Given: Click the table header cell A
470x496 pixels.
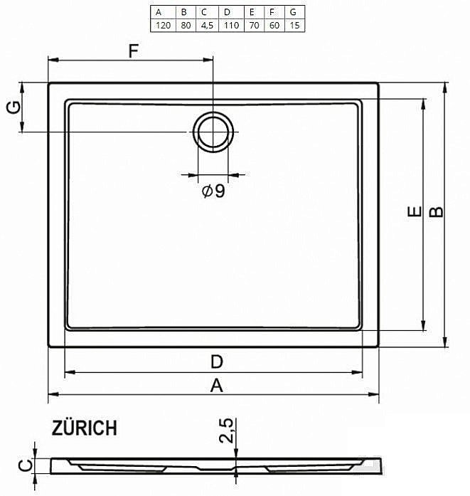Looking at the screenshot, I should coord(162,12).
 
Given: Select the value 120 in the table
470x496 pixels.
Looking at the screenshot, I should coord(162,25).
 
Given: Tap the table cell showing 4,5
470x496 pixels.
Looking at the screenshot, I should coord(205,25).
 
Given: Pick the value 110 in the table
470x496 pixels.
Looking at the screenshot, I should coord(228,25).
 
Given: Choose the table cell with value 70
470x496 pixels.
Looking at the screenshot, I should coord(251,25).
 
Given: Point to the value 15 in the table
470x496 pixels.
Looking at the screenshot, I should coord(294,25).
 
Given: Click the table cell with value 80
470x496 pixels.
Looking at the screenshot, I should coord(183,25).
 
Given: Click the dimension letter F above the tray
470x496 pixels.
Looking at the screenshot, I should coord(132,51).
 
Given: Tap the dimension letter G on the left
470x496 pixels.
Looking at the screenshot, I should coord(12,108).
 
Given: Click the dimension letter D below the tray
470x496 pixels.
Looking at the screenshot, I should coord(216,362).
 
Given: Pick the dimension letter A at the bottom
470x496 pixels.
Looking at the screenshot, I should coord(216,386).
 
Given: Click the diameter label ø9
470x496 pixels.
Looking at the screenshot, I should coord(213,191).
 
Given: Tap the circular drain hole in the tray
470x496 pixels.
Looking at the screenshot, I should coord(213,132).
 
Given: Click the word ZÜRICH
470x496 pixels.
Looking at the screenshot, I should coord(84,428).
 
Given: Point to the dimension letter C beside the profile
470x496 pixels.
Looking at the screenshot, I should coord(23,466).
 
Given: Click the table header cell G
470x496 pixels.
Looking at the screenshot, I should coord(294,12).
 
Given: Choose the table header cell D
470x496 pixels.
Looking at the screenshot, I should coord(228,12).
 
